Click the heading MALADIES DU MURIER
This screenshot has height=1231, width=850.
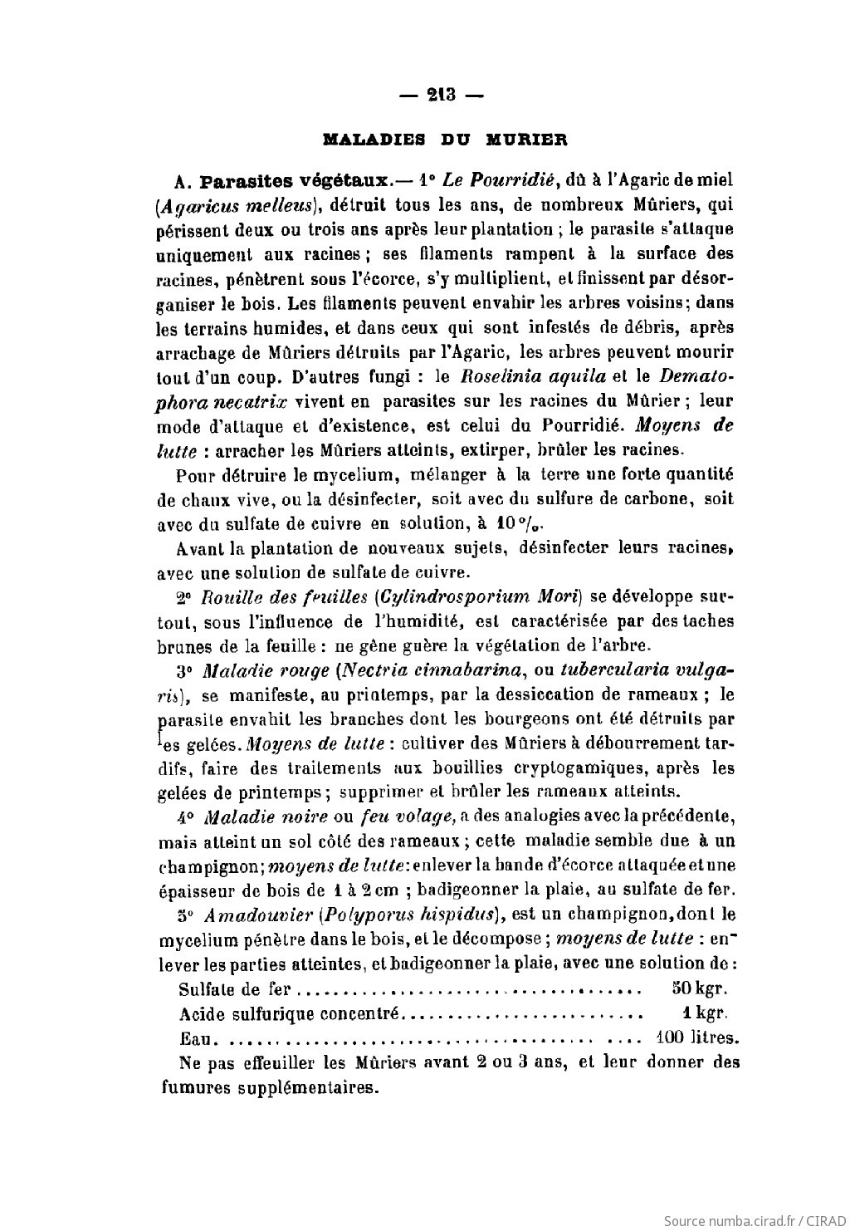tap(444, 140)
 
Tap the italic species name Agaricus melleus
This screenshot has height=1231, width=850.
tap(237, 204)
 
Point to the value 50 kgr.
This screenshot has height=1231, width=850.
tap(699, 989)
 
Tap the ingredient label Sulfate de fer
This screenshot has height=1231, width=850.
tap(235, 989)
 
